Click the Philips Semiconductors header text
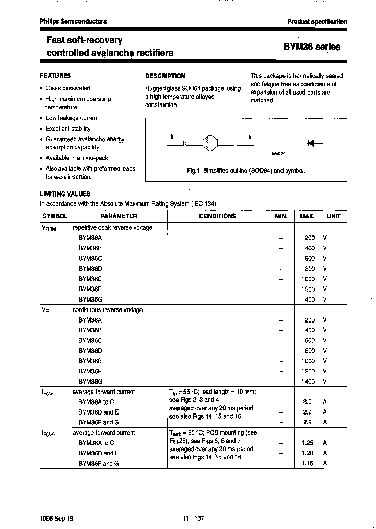[x=73, y=21]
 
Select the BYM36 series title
[x=312, y=47]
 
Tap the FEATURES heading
[x=55, y=76]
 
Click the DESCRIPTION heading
[x=165, y=76]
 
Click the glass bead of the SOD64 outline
[x=208, y=142]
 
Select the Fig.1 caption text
[x=246, y=171]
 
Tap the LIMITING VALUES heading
[x=65, y=194]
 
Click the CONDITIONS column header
[x=217, y=216]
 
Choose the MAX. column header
[x=307, y=216]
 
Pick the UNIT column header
[x=334, y=216]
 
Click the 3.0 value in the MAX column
[x=308, y=402]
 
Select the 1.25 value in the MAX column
[x=308, y=443]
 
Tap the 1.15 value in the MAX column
[x=308, y=463]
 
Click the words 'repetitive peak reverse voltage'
[x=112, y=228]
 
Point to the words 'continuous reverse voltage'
[x=108, y=310]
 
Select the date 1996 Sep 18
[x=56, y=519]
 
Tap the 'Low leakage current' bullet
[x=72, y=118]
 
